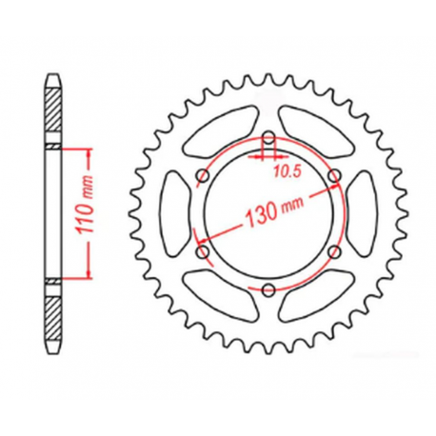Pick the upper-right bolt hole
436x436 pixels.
click(x=332, y=176)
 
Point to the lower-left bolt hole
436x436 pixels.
click(x=203, y=251)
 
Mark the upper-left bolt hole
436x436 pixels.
click(x=203, y=176)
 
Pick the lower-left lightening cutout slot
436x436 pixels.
click(x=216, y=288)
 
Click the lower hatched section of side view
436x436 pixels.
click(x=53, y=315)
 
